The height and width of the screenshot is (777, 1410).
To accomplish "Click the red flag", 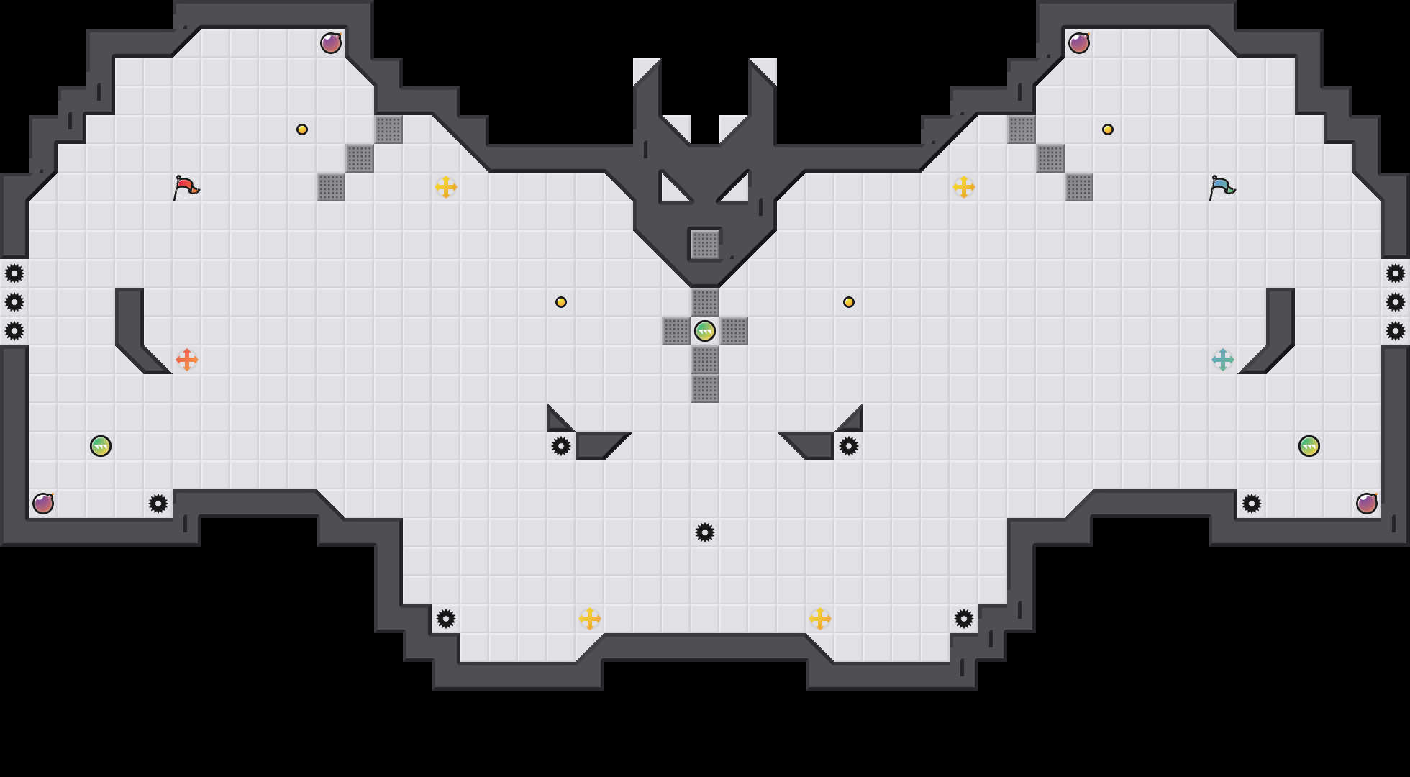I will click(186, 187).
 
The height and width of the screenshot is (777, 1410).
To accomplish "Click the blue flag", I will click(1222, 187).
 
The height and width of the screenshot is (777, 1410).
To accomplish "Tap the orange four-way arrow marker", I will click(187, 360).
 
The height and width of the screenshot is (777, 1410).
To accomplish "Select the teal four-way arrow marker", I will click(1223, 360).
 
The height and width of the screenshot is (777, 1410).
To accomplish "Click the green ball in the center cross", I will click(705, 331).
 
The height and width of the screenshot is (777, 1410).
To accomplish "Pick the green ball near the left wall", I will click(101, 446).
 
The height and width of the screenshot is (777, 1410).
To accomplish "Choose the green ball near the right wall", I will click(1309, 446).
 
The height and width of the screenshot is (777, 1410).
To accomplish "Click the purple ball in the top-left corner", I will click(331, 43).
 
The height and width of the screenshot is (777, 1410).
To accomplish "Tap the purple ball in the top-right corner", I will click(1079, 43).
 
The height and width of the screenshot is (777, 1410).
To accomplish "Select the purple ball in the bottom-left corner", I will click(43, 504).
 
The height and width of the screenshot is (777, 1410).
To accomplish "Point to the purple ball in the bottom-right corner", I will click(1367, 504).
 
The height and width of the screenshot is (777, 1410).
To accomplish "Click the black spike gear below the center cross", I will click(705, 532).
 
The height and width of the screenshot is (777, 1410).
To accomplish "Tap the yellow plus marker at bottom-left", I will click(590, 619).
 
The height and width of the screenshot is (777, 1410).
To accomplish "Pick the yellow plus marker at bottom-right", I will click(820, 619).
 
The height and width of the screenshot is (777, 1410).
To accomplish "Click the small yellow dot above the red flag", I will click(302, 129).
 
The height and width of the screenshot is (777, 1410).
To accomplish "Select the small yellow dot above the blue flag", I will click(1108, 129).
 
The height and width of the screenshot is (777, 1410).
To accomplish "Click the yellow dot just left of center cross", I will click(561, 302).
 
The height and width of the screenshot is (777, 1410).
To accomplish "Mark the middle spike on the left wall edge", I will click(14, 302).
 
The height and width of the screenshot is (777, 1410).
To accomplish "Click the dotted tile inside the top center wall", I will click(705, 245).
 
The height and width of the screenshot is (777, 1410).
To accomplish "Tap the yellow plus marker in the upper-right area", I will click(964, 187).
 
